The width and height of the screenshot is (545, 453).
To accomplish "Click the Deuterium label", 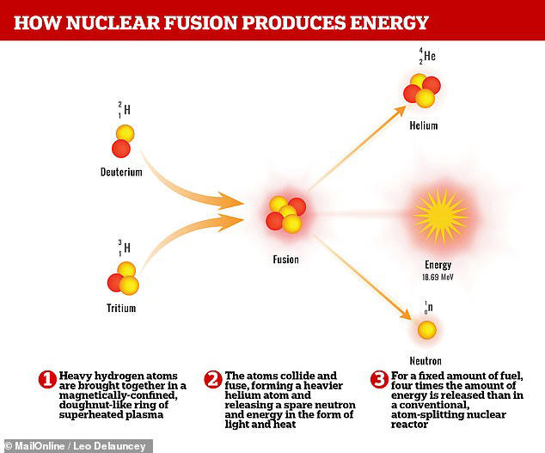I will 120,172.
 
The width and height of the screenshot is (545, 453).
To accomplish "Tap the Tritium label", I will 121,308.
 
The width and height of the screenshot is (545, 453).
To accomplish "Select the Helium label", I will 423,125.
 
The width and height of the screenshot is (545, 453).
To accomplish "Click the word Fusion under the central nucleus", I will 285,259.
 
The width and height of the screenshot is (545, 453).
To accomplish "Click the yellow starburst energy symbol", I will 438,215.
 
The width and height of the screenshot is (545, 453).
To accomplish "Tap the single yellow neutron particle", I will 426,329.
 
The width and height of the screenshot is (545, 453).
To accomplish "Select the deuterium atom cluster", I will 122,141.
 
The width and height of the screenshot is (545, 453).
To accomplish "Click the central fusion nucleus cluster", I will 285,215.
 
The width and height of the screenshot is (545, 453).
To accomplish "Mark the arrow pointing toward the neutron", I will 361,281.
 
